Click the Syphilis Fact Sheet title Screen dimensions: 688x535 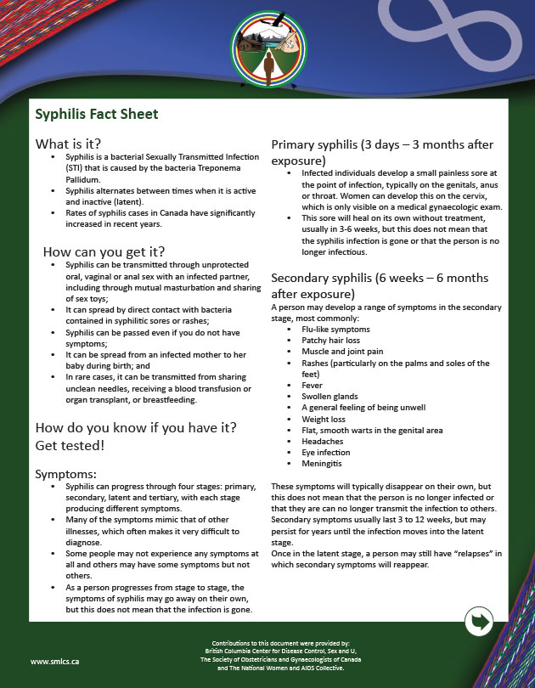point(96,114)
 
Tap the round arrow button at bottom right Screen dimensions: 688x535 point(481,622)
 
